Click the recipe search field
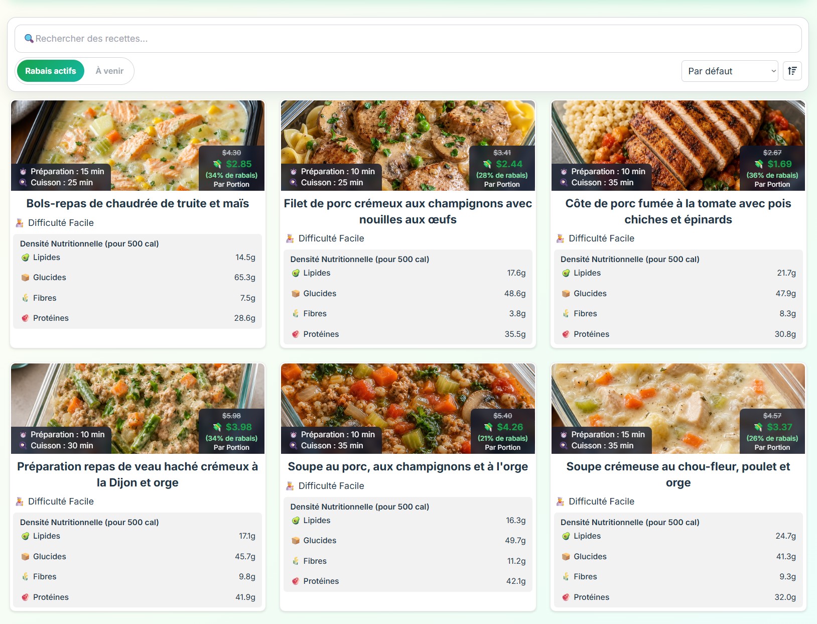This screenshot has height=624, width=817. click(x=408, y=39)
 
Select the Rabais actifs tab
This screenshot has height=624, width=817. click(x=51, y=71)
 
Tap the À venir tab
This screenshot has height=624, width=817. click(x=109, y=71)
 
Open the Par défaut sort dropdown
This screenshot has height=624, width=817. click(x=730, y=71)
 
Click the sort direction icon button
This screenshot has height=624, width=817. click(x=792, y=71)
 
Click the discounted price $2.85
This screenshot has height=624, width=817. click(x=238, y=164)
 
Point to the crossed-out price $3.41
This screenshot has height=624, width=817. click(x=502, y=153)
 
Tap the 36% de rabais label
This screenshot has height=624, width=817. click(x=772, y=175)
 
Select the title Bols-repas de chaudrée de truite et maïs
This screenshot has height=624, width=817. click(x=138, y=204)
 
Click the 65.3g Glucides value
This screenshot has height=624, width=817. click(x=244, y=278)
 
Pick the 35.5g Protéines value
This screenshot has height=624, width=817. click(x=515, y=334)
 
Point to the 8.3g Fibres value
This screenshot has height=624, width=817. click(x=787, y=313)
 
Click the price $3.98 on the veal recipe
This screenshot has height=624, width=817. click(x=238, y=427)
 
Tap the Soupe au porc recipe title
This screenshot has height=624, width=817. click(x=407, y=466)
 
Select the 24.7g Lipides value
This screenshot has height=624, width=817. click(x=785, y=536)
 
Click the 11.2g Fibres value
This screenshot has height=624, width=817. click(x=516, y=561)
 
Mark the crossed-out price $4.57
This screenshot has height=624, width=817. click(x=772, y=416)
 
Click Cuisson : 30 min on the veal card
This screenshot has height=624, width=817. click(x=62, y=446)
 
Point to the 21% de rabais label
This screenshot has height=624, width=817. click(x=502, y=438)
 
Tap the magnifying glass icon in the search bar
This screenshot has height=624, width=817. click(x=29, y=38)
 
